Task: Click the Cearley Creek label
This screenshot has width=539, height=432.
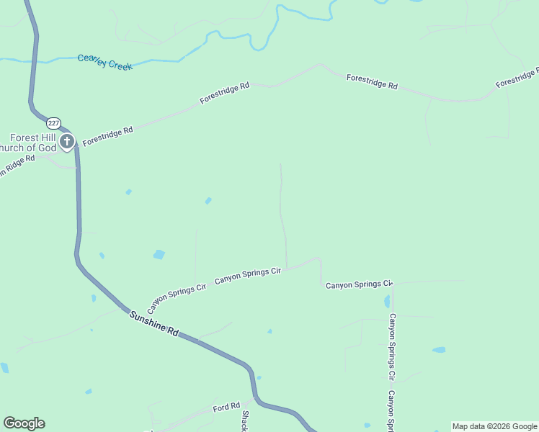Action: pos(105,62)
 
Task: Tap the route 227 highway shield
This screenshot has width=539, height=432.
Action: pos(55,123)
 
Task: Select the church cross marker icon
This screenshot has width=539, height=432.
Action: pos(67,141)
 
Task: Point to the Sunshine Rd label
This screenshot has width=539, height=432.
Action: pos(153,323)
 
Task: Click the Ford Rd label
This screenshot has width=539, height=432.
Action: pos(226,408)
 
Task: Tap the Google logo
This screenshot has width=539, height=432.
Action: pos(24,423)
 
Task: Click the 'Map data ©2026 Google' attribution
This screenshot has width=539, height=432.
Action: pos(494,426)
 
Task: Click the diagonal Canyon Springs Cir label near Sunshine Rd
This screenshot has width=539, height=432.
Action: pos(177,295)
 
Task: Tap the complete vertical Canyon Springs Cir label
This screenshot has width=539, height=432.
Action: pos(392,346)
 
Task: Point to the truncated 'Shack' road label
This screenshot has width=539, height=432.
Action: pos(245,420)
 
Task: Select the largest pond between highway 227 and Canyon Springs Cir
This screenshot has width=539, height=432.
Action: pos(159,254)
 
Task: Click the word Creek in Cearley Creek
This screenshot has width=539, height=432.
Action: pos(120,65)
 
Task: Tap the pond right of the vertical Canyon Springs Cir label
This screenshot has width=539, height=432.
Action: pos(438,350)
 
